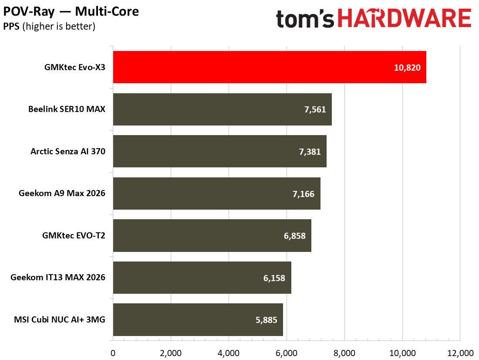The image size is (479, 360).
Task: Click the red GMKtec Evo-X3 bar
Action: pyautogui.click(x=270, y=67)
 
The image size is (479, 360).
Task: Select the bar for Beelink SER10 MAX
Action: pyautogui.click(x=223, y=109)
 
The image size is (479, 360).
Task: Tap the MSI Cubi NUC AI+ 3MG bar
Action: pyautogui.click(x=198, y=319)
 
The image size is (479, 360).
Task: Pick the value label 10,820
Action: pyautogui.click(x=407, y=68)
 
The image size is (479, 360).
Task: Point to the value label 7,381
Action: pyautogui.click(x=310, y=152)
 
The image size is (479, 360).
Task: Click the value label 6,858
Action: pyautogui.click(x=294, y=236)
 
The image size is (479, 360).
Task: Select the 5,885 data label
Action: pyautogui.click(x=266, y=320)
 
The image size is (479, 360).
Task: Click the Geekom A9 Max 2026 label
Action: pyautogui.click(x=62, y=194)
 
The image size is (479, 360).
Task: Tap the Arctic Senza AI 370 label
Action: pyautogui.click(x=68, y=151)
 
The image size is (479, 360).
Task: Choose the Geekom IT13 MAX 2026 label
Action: pyautogui.click(x=58, y=278)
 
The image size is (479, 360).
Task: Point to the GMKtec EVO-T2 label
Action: pyautogui.click(x=74, y=235)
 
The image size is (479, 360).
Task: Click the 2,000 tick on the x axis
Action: pyautogui.click(x=171, y=353)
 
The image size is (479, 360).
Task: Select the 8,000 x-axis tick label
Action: pyautogui.click(x=344, y=353)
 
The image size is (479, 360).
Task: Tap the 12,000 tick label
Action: pyautogui.click(x=460, y=353)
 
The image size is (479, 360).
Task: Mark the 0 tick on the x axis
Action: pyautogui.click(x=113, y=353)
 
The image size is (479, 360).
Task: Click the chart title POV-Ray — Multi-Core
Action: pyautogui.click(x=71, y=12)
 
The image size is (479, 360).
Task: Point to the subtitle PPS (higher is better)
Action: pyautogui.click(x=49, y=27)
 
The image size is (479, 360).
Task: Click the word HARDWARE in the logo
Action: pyautogui.click(x=405, y=18)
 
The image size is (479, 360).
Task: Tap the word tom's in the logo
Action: pyautogui.click(x=305, y=19)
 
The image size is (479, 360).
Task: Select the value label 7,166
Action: pyautogui.click(x=304, y=194)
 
